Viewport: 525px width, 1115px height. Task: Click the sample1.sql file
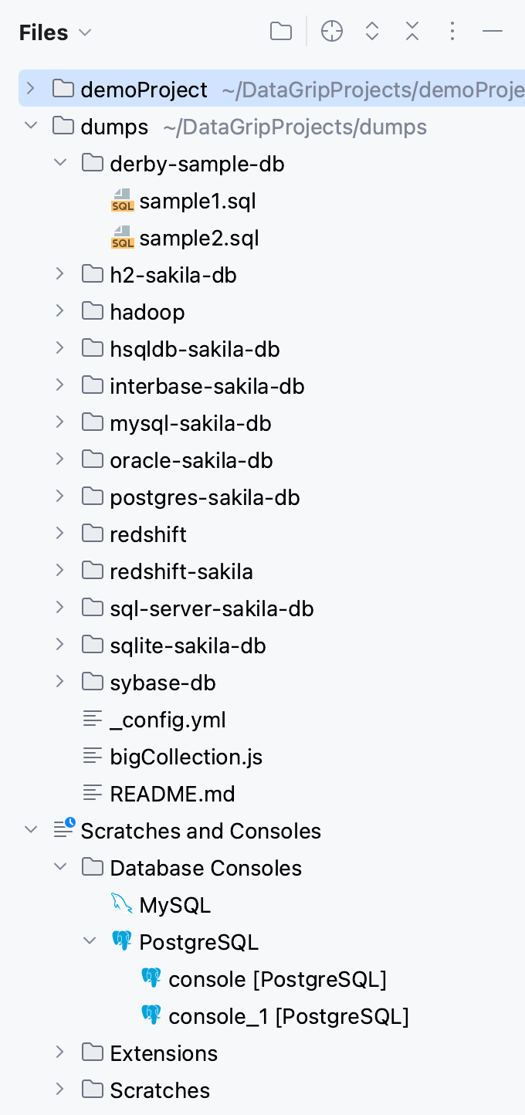[x=197, y=202]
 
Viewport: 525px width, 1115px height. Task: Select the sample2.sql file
[x=198, y=239]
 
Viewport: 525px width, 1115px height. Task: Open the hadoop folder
[x=147, y=313]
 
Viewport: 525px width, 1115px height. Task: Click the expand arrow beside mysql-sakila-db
[x=59, y=422]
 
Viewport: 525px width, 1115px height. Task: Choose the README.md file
[x=172, y=795]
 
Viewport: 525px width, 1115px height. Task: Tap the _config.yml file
[x=168, y=720]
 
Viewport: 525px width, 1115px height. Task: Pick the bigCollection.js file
[x=186, y=757]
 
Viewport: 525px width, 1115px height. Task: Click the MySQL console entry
[x=174, y=906]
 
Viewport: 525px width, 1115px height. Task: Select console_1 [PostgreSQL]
[x=288, y=1017]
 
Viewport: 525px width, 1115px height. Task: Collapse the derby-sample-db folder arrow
[x=59, y=163]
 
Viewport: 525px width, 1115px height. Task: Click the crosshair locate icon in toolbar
[x=332, y=32]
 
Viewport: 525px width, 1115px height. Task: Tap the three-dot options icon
[x=452, y=32]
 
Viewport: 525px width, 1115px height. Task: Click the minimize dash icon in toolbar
[x=493, y=32]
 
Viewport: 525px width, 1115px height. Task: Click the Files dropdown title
[x=55, y=32]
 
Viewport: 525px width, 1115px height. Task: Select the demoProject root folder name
[x=144, y=90]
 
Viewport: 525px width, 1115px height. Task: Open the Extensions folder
[x=163, y=1054]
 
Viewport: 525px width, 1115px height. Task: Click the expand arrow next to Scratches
[x=59, y=1090]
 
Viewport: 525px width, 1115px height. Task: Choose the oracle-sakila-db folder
[x=191, y=461]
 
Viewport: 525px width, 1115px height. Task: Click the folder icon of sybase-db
[x=93, y=683]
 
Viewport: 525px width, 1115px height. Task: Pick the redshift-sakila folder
[x=181, y=572]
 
